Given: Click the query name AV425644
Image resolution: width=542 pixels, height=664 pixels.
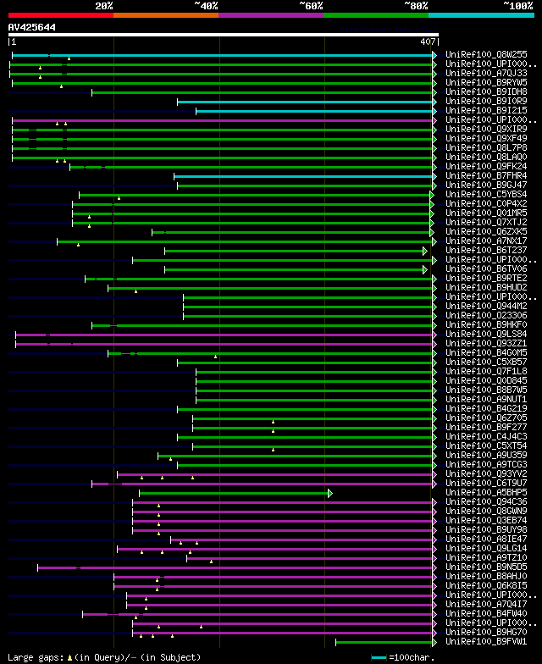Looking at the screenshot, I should click(x=32, y=27).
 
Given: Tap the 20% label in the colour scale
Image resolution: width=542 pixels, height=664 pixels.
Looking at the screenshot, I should click(x=104, y=5).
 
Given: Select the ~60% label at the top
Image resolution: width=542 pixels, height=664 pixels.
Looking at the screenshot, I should click(x=311, y=5).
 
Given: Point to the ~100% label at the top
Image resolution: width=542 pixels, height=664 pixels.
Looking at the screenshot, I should click(x=517, y=5).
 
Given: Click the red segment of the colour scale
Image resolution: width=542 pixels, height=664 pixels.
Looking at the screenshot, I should click(x=60, y=15).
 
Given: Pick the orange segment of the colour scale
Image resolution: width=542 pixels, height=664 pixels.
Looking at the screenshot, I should click(x=165, y=15).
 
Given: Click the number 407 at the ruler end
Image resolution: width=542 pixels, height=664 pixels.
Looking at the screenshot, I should click(x=427, y=41).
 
